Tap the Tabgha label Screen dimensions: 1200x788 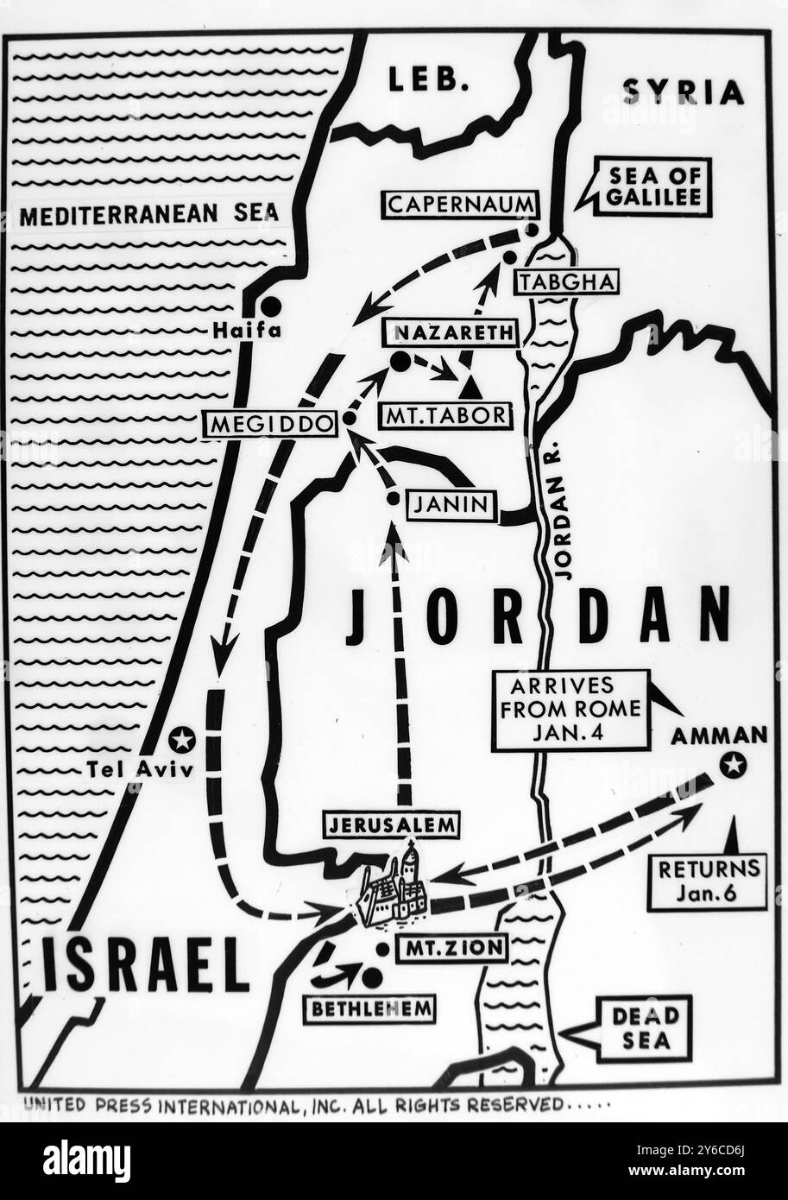tap(566, 282)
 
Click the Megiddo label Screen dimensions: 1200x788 tap(268, 425)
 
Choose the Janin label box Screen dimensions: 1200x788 tap(451, 506)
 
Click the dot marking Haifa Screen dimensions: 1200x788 tap(271, 306)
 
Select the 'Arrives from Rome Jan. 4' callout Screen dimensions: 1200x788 tap(570, 710)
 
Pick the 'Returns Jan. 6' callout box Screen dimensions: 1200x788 tap(708, 881)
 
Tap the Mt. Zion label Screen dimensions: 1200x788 tap(451, 949)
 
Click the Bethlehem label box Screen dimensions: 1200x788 tap(369, 1007)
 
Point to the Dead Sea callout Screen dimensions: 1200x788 tap(643, 1028)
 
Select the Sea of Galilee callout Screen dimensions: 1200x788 tap(652, 186)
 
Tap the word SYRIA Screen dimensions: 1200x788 tap(683, 92)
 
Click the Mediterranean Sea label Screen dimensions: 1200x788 tap(148, 215)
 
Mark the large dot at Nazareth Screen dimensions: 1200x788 tap(400, 362)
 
